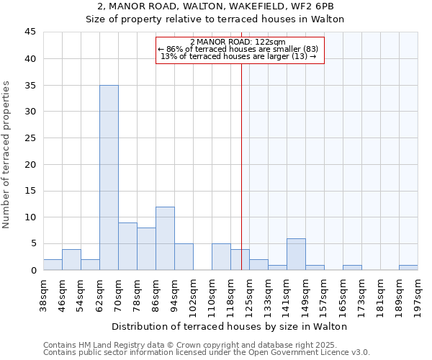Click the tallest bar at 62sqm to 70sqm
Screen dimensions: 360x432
(109, 178)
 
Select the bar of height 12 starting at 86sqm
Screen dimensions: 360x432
(165, 238)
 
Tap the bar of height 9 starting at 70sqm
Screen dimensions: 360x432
(127, 246)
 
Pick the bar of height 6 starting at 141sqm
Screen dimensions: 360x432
(296, 254)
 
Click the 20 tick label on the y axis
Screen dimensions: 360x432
(30, 164)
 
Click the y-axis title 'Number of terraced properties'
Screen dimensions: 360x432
(7, 155)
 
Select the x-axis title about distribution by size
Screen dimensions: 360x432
(230, 326)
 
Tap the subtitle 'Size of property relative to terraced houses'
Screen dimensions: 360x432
(215, 19)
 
